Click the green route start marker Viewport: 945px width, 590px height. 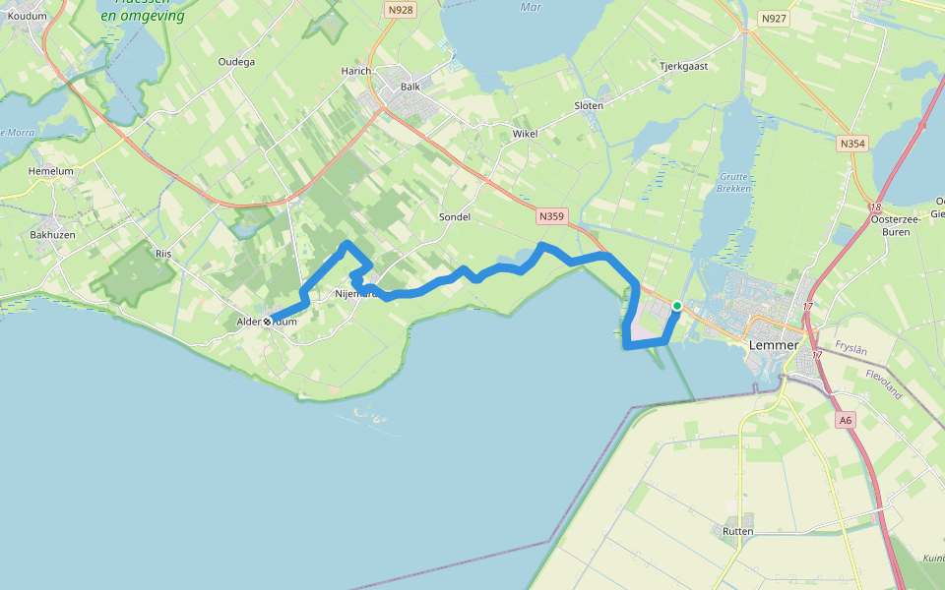(677, 306)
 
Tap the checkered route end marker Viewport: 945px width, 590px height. (267, 322)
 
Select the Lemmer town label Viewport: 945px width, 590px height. (773, 345)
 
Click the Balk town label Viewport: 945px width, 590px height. (409, 87)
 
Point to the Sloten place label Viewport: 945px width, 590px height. (589, 105)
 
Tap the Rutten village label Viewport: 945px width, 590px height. (737, 531)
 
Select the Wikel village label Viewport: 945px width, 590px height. (526, 133)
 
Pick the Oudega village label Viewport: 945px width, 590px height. (236, 62)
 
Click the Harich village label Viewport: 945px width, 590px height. (355, 72)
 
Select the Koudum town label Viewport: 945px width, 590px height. (27, 16)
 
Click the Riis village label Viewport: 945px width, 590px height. (163, 254)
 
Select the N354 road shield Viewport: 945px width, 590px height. (852, 144)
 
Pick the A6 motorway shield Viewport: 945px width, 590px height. (846, 420)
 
